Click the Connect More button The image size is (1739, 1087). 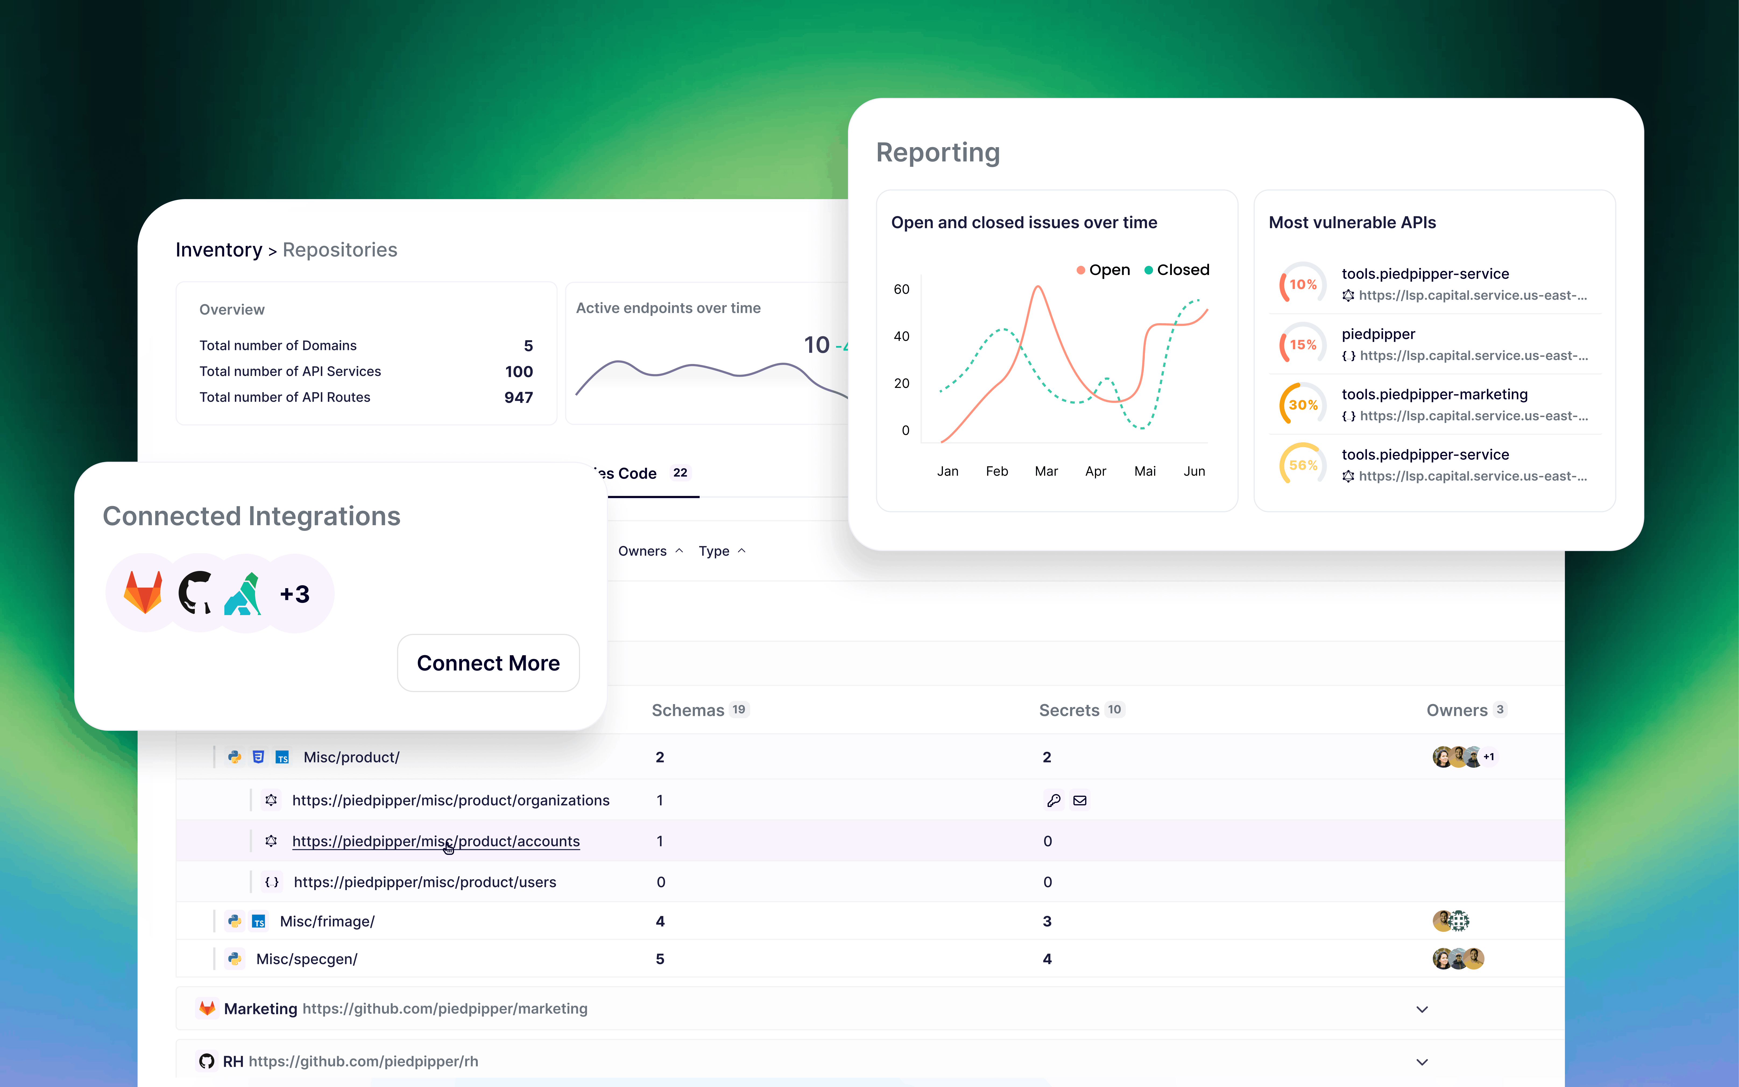(x=488, y=663)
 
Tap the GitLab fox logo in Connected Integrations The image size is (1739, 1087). (x=144, y=593)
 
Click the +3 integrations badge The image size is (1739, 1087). (x=295, y=594)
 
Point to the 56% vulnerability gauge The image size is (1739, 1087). (x=1302, y=465)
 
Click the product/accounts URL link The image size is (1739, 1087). (x=436, y=841)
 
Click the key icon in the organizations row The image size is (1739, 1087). (x=1054, y=800)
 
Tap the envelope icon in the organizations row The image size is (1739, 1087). (x=1079, y=800)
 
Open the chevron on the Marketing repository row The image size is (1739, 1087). (x=1421, y=1009)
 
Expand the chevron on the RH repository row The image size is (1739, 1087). (x=1421, y=1062)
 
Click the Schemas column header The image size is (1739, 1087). (x=688, y=710)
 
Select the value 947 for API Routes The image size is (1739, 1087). (x=518, y=398)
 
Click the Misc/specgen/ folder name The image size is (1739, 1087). (x=307, y=959)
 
